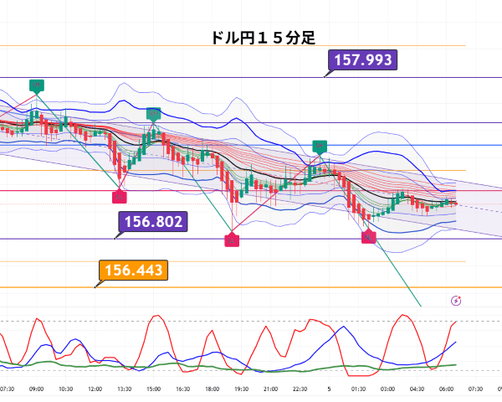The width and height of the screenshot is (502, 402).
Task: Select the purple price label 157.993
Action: click(363, 60)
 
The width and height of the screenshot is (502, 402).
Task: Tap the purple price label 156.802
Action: click(153, 222)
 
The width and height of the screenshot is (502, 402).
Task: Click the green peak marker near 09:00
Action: click(37, 85)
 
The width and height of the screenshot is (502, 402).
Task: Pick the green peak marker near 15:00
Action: click(153, 113)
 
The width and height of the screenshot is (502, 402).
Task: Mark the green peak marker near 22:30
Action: click(320, 147)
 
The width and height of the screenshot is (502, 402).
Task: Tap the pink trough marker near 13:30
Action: click(119, 196)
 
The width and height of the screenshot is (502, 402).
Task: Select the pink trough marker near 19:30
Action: click(232, 240)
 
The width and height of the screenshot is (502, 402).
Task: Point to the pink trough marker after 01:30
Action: click(369, 238)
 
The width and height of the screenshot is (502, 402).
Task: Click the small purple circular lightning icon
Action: click(456, 301)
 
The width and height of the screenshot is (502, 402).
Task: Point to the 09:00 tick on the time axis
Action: click(36, 389)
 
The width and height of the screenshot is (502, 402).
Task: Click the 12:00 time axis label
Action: click(95, 389)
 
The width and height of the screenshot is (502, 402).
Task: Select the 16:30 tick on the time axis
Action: click(182, 389)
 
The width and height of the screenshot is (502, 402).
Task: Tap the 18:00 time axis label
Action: click(212, 389)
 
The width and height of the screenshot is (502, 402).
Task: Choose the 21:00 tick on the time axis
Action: click(270, 389)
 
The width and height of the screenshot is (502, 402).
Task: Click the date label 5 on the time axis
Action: click(329, 389)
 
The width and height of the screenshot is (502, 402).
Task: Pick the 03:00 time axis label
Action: click(387, 389)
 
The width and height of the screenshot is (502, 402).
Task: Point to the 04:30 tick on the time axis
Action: click(417, 389)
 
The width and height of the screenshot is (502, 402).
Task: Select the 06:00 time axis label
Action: click(446, 389)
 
